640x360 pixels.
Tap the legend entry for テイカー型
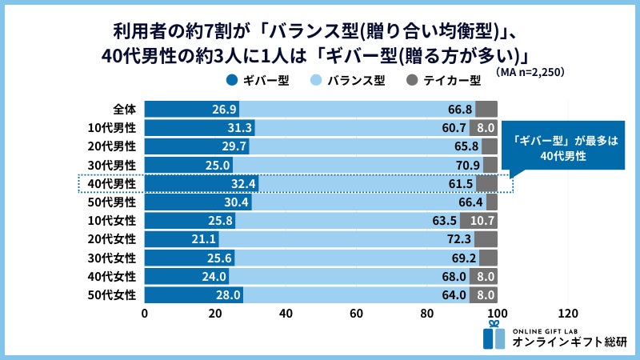point(444,80)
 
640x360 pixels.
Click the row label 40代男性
point(112,183)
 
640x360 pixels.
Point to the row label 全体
point(124,109)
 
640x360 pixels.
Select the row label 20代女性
point(112,239)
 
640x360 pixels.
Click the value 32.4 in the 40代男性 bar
point(240,183)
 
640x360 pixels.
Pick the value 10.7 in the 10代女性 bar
point(482,221)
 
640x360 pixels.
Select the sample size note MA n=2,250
point(530,71)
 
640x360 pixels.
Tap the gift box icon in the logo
point(494,335)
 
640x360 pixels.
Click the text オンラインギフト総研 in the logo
point(570,342)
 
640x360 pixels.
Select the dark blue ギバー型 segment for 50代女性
point(194,295)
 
